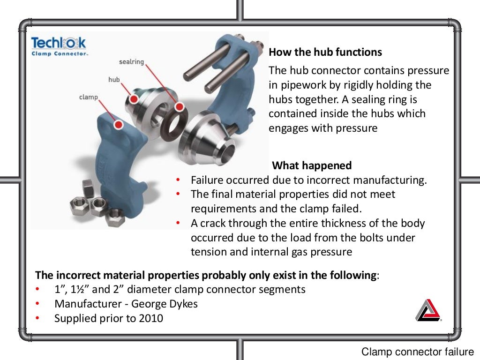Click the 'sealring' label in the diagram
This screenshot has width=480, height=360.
click(x=131, y=62)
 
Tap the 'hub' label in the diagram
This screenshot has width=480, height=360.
click(x=114, y=80)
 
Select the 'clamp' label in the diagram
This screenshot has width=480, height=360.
click(x=88, y=97)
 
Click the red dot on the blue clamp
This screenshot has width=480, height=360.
click(x=119, y=125)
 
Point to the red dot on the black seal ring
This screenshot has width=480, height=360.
click(x=179, y=107)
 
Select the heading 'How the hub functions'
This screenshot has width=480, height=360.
click(x=325, y=52)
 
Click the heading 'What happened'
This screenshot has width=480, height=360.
click(x=312, y=165)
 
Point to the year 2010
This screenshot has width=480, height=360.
click(x=151, y=318)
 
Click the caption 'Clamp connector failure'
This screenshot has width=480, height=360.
click(x=417, y=352)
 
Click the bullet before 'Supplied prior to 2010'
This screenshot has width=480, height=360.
click(x=38, y=318)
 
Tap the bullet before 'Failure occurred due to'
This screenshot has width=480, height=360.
click(x=178, y=180)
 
